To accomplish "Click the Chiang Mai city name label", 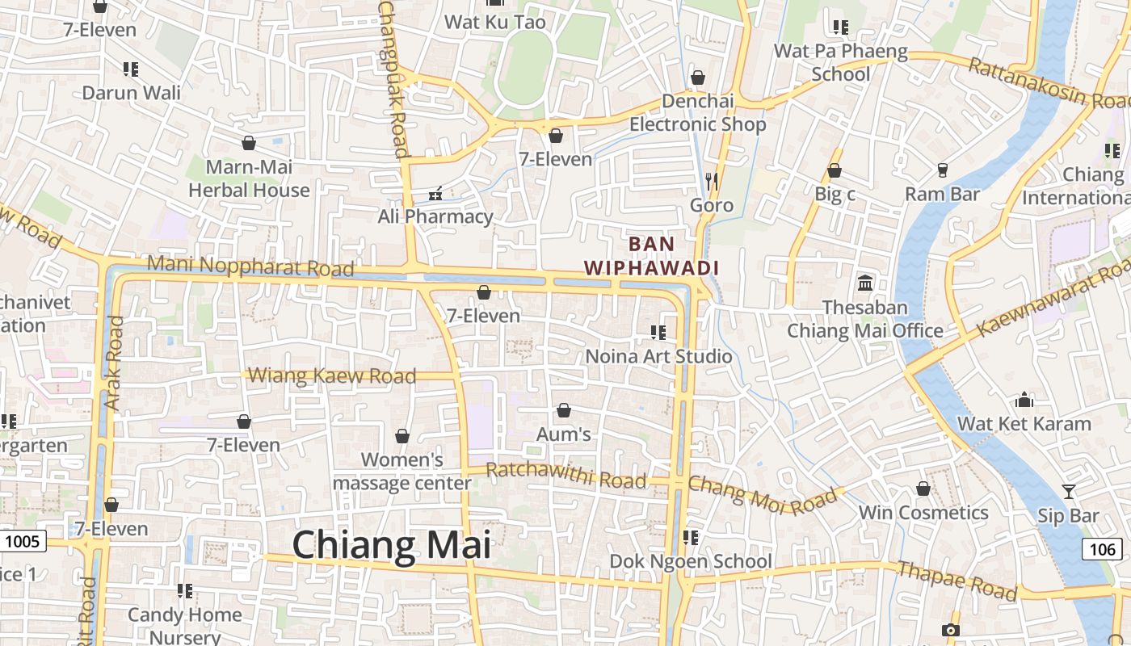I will coord(391,545).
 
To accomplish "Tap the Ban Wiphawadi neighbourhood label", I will coord(651,255).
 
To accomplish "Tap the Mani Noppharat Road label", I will coord(250,266).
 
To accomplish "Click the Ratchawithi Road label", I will coord(565,476).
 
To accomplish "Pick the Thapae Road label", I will coord(957,581).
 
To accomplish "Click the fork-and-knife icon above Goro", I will coord(711,181).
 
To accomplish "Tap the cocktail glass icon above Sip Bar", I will coord(1069,491).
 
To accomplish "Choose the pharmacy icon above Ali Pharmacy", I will coord(435,193).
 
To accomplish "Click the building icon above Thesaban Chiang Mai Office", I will coord(865,283).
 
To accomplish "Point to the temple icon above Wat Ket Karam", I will coord(1024,400).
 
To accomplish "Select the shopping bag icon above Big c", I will coord(835,170).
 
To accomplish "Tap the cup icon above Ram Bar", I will coord(942,170).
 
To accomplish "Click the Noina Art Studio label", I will coord(658,356).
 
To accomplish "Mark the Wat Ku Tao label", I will coord(495,22).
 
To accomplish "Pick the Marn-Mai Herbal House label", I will coord(249,178).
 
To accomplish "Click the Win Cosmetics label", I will coord(923,513).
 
